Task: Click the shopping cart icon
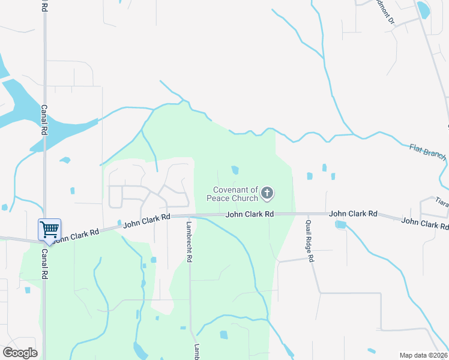coord(49,229)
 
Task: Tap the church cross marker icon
coord(268,193)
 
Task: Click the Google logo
coord(20,353)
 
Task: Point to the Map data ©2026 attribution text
coord(424,355)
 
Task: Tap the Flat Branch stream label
coord(427,151)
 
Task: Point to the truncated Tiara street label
coord(442,201)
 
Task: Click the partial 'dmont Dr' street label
coord(384,11)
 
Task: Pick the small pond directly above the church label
coord(235,170)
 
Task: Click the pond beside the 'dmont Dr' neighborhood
coord(423,9)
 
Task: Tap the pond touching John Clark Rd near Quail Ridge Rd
coord(341,225)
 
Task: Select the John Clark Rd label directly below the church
coord(250,214)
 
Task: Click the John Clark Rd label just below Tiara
coord(424,223)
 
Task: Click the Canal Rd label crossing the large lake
coord(44,119)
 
